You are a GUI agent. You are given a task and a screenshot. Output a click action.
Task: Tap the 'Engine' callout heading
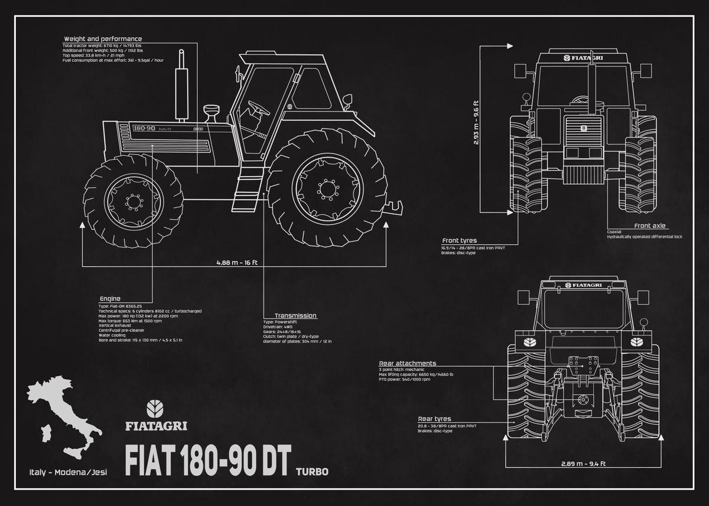click(110, 299)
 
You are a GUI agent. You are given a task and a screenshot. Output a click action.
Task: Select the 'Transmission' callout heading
click(295, 316)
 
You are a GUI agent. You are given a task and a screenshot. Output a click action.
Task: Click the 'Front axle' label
click(650, 226)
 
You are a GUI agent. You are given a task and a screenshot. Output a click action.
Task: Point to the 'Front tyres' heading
click(460, 240)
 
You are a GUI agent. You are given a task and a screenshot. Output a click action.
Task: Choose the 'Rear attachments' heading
click(408, 363)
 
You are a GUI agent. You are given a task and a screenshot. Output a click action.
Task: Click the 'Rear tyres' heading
click(435, 418)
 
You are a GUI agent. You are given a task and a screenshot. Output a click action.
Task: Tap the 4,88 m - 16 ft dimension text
click(236, 263)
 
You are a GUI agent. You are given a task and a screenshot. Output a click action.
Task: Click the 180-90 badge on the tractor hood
click(144, 128)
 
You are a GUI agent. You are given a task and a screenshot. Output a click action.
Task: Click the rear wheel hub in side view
click(326, 189)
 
